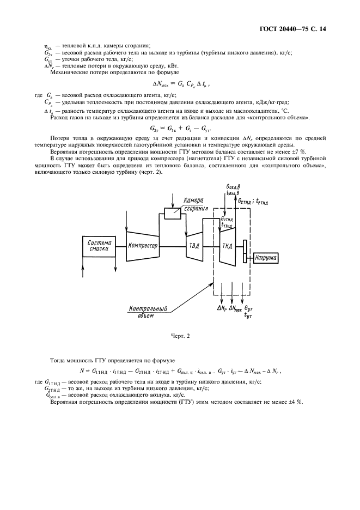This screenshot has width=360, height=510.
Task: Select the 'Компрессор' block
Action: click(143, 246)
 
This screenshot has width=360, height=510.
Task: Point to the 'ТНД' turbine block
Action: click(227, 246)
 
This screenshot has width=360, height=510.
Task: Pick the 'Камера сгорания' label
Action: click(195, 204)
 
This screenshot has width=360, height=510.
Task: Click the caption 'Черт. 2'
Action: click(180, 336)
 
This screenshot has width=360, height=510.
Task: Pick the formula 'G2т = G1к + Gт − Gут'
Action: click(180, 129)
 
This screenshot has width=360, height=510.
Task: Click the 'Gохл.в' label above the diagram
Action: click(232, 187)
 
